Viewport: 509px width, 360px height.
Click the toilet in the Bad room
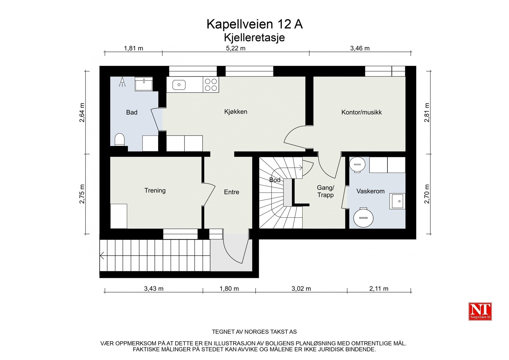pos(119,139)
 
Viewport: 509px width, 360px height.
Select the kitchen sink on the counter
pos(179,85)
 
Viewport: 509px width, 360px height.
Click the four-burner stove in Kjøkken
pos(211,85)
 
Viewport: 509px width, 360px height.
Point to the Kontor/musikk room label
pos(361,112)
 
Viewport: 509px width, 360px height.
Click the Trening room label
pos(155,190)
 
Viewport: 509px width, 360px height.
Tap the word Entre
pos(231,192)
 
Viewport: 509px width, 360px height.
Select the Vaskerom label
pos(370,191)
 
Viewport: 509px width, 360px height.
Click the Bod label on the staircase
pos(275,180)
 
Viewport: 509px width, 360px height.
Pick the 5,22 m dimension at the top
pos(235,48)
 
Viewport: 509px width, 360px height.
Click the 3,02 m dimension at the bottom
pos(301,289)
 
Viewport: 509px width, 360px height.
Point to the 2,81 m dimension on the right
pos(427,112)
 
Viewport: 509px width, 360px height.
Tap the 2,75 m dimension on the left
pos(82,194)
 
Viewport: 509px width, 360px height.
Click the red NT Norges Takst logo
pos(480,311)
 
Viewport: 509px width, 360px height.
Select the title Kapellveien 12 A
pos(254,24)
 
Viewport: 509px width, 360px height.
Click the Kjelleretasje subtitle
pos(254,38)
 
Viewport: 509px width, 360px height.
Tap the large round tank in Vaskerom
pos(364,218)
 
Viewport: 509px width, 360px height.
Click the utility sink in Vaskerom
pos(397,201)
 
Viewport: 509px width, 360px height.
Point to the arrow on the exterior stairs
pos(102,255)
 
